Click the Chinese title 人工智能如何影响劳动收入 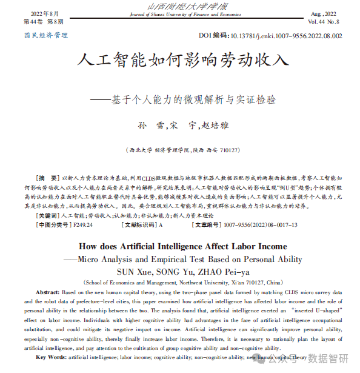pyautogui.click(x=179, y=61)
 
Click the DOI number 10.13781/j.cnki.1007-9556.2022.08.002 pyautogui.click(x=284, y=36)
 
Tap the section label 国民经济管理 pyautogui.click(x=46, y=36)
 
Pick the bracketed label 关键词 pyautogui.click(x=48, y=215)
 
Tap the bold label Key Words pyautogui.click(x=50, y=357)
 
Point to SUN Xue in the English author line pyautogui.click(x=133, y=271)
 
